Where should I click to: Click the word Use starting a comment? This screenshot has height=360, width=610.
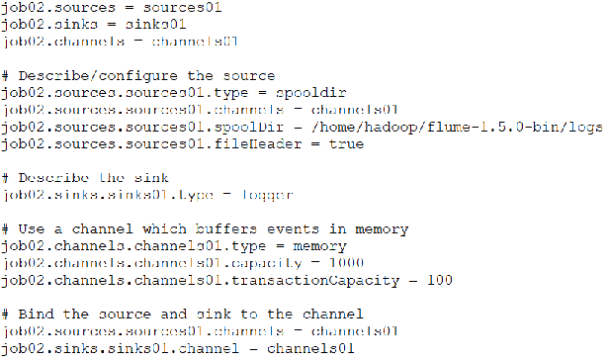tap(30, 229)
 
